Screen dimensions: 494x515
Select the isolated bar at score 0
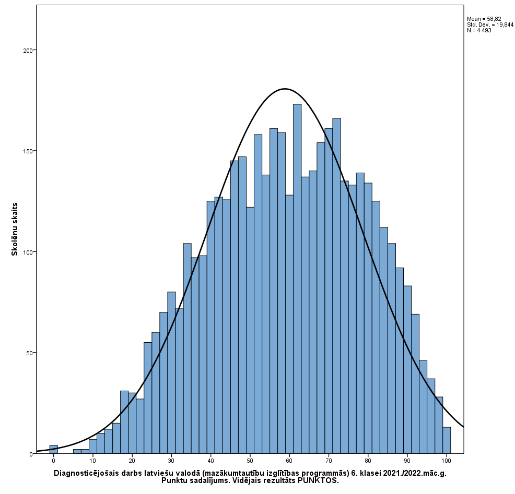(53, 449)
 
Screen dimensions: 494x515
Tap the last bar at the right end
(447, 440)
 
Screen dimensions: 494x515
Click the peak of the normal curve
(285, 89)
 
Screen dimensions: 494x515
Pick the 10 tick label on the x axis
(93, 461)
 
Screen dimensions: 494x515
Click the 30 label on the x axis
(171, 461)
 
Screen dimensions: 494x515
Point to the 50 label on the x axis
(250, 461)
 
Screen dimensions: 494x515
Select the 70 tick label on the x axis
(329, 461)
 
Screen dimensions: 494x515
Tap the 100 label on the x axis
(446, 461)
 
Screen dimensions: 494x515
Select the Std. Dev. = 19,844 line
(490, 25)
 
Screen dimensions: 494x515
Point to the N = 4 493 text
(479, 30)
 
